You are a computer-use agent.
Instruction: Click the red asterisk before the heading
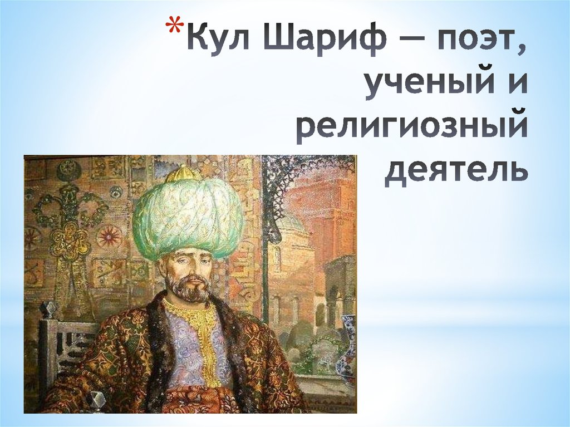tap(174, 28)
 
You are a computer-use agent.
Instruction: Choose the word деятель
tap(455, 171)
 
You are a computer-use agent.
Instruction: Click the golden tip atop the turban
tap(183, 173)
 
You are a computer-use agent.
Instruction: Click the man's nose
tap(193, 272)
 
